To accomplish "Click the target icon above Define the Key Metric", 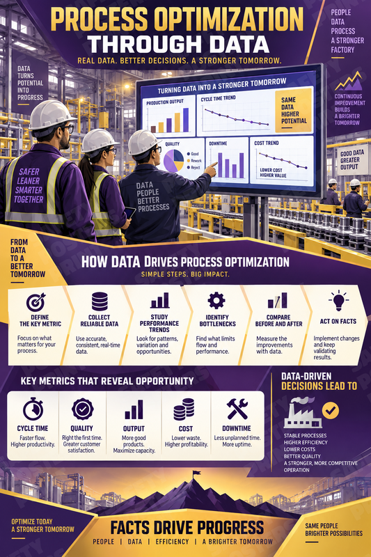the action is coord(36,301).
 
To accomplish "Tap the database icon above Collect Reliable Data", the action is coord(100,301).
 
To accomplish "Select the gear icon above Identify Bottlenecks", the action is coord(216,301).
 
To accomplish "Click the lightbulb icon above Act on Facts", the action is coord(338,301).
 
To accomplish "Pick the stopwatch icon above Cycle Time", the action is coord(33,409).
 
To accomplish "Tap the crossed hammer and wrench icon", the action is coord(237,409).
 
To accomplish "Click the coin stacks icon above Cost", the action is coord(184,409).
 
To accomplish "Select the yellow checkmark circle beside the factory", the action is coord(330,411).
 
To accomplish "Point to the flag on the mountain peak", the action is coord(196,473).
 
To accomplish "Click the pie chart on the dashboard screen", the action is coord(173,160).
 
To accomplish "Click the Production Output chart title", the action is coord(165,102).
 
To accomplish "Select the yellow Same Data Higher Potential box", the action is coord(293,110).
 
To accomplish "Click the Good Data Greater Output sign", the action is coord(352,160).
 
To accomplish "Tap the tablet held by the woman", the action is coord(129,212).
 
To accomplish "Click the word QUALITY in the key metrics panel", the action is coord(81,428).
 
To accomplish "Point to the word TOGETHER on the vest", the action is coord(29,199).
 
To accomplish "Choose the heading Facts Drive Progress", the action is coord(187,528).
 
